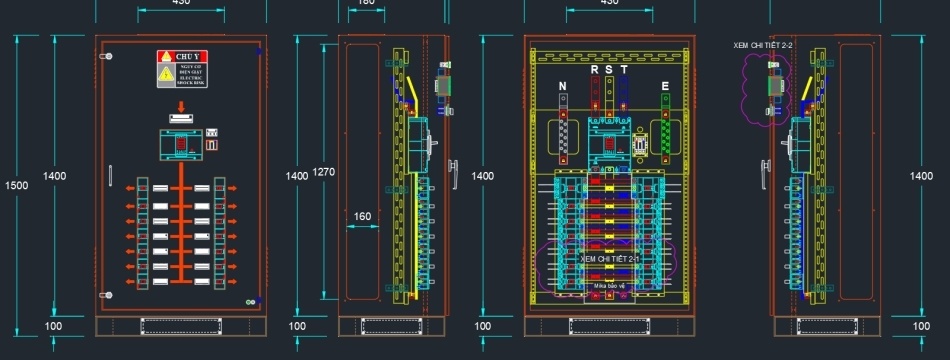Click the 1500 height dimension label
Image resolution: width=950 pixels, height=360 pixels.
click(x=16, y=185)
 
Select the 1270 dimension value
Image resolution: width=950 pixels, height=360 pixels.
click(x=323, y=172)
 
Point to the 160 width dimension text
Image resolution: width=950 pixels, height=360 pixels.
click(x=362, y=216)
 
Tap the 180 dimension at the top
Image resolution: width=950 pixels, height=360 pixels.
click(x=366, y=3)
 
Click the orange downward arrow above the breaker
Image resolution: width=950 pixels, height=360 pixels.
click(x=181, y=106)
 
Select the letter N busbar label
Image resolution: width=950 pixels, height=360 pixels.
click(x=563, y=87)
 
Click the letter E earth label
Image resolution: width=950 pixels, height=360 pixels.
click(x=665, y=87)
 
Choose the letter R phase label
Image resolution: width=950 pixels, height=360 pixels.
click(x=595, y=70)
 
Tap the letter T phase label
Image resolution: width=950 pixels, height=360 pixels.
click(x=624, y=70)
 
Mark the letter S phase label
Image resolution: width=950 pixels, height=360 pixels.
click(x=609, y=70)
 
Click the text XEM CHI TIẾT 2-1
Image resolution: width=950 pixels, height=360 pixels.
click(x=609, y=259)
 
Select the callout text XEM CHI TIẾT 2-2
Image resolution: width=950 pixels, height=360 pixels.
click(x=763, y=46)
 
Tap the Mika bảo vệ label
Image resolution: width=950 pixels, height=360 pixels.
click(x=609, y=286)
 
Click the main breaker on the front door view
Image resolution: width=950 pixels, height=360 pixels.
click(x=181, y=145)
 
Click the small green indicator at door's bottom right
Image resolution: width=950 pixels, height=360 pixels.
click(x=249, y=301)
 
